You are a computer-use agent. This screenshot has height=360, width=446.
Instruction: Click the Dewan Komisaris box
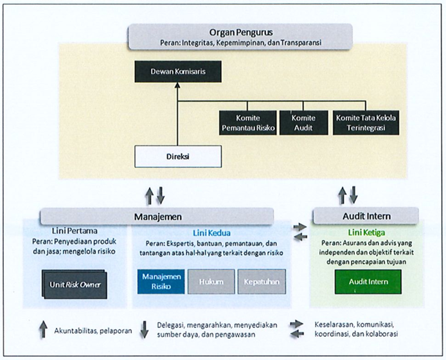(x=178, y=71)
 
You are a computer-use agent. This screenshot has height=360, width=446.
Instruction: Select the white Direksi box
(x=178, y=156)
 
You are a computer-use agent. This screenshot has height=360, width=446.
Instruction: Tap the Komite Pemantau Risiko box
(x=248, y=123)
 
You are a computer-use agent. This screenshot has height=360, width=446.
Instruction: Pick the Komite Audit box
(x=303, y=123)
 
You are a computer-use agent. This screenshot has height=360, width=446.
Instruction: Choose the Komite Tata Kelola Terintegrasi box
(x=366, y=123)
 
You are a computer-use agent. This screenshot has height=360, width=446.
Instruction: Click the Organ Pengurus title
(x=241, y=32)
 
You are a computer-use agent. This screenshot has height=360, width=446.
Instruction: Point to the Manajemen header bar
(x=157, y=217)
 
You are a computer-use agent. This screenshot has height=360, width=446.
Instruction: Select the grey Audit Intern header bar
(x=366, y=216)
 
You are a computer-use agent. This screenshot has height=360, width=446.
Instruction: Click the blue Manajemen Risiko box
(x=161, y=282)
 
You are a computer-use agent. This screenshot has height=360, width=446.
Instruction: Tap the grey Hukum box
(x=211, y=282)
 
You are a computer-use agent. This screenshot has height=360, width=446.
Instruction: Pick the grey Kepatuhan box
(x=262, y=282)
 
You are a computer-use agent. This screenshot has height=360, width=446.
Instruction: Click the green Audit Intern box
(x=368, y=282)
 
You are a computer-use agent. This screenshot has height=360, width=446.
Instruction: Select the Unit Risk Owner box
(x=75, y=285)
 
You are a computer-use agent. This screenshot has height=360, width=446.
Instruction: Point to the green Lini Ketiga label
(x=367, y=233)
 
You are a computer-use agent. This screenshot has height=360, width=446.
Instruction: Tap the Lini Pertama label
(x=75, y=231)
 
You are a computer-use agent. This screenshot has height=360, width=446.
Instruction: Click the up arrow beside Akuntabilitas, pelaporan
(x=43, y=329)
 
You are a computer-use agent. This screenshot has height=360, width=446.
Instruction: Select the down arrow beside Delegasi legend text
(x=145, y=330)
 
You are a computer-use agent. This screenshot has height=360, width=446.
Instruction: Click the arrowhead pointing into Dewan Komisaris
(x=178, y=85)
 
